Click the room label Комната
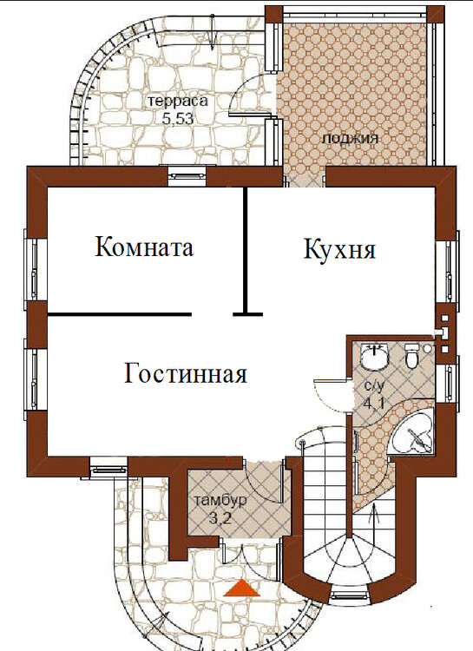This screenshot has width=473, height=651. click(144, 247)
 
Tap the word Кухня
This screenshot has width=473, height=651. click(339, 249)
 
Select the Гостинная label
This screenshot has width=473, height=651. click(186, 372)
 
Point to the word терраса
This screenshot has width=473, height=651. click(178, 102)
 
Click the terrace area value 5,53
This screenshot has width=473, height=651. click(178, 119)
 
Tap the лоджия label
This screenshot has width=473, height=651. click(350, 139)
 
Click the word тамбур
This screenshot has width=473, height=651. click(220, 501)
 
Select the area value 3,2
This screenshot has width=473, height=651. click(220, 519)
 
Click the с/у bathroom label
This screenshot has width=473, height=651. click(375, 385)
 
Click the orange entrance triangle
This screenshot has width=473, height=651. click(241, 589)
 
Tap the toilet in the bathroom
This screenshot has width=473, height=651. click(412, 356)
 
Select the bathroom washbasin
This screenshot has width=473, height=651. click(375, 356)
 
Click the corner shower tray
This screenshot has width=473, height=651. click(411, 434)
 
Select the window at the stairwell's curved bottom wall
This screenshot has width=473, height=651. click(349, 595)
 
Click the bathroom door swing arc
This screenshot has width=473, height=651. click(328, 395)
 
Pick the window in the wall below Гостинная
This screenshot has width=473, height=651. click(108, 469)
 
